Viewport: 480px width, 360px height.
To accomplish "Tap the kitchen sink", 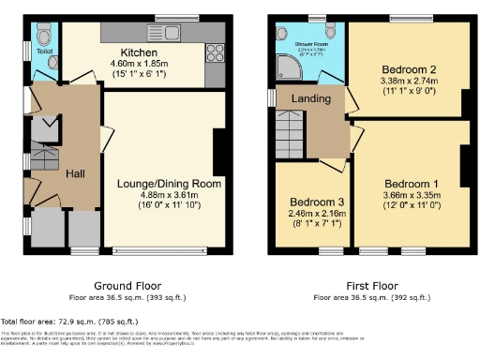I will point(172,35).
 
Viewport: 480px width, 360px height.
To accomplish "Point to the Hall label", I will point(76,173).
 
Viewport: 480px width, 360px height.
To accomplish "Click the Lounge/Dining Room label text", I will point(169,184).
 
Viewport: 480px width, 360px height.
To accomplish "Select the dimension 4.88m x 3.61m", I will point(168,195).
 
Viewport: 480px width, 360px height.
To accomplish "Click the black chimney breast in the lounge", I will point(218,151).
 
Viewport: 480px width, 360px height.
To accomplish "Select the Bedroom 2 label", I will point(408,70).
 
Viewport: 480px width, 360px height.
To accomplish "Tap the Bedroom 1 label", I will point(409,182).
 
